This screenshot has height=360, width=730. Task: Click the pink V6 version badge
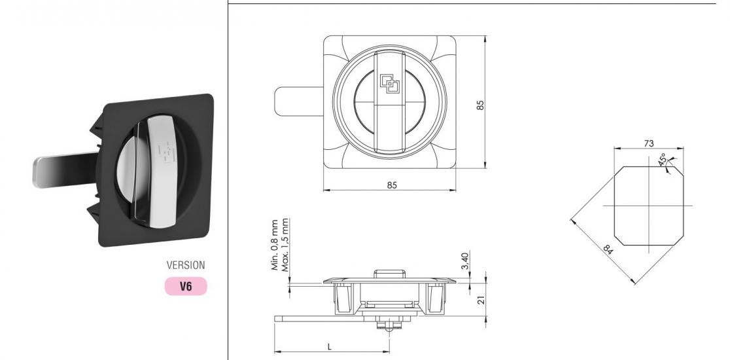click(186, 286)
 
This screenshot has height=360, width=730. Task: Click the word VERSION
click(186, 266)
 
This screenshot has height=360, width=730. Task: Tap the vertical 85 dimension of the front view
click(481, 105)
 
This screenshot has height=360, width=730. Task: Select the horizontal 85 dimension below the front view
click(392, 185)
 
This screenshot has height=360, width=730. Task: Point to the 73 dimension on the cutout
click(648, 143)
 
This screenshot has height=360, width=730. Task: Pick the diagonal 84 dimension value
click(608, 249)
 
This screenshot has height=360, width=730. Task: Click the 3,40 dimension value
click(464, 261)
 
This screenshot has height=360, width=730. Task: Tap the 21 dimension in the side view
click(481, 300)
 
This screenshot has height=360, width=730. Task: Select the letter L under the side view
click(329, 346)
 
